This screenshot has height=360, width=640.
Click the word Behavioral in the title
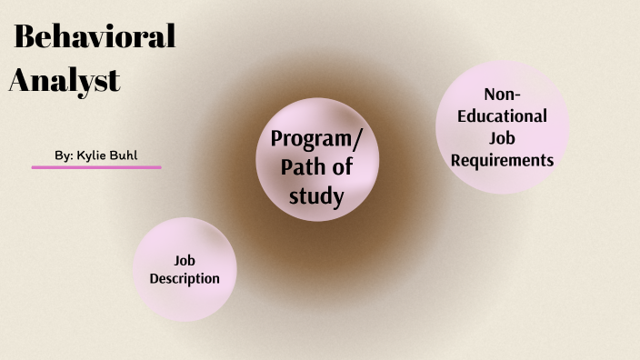95,37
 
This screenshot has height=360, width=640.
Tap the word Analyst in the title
65,80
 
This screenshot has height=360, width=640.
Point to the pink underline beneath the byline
96,167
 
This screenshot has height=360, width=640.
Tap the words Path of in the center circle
316,167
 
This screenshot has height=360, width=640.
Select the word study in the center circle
316,195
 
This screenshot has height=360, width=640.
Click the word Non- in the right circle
503,95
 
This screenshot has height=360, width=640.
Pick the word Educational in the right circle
503,116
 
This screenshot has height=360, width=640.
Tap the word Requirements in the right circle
503,160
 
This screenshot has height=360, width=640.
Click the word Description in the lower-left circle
185,278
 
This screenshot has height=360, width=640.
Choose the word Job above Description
185,260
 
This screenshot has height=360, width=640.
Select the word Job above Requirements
503,138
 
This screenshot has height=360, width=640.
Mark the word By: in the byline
64,156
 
